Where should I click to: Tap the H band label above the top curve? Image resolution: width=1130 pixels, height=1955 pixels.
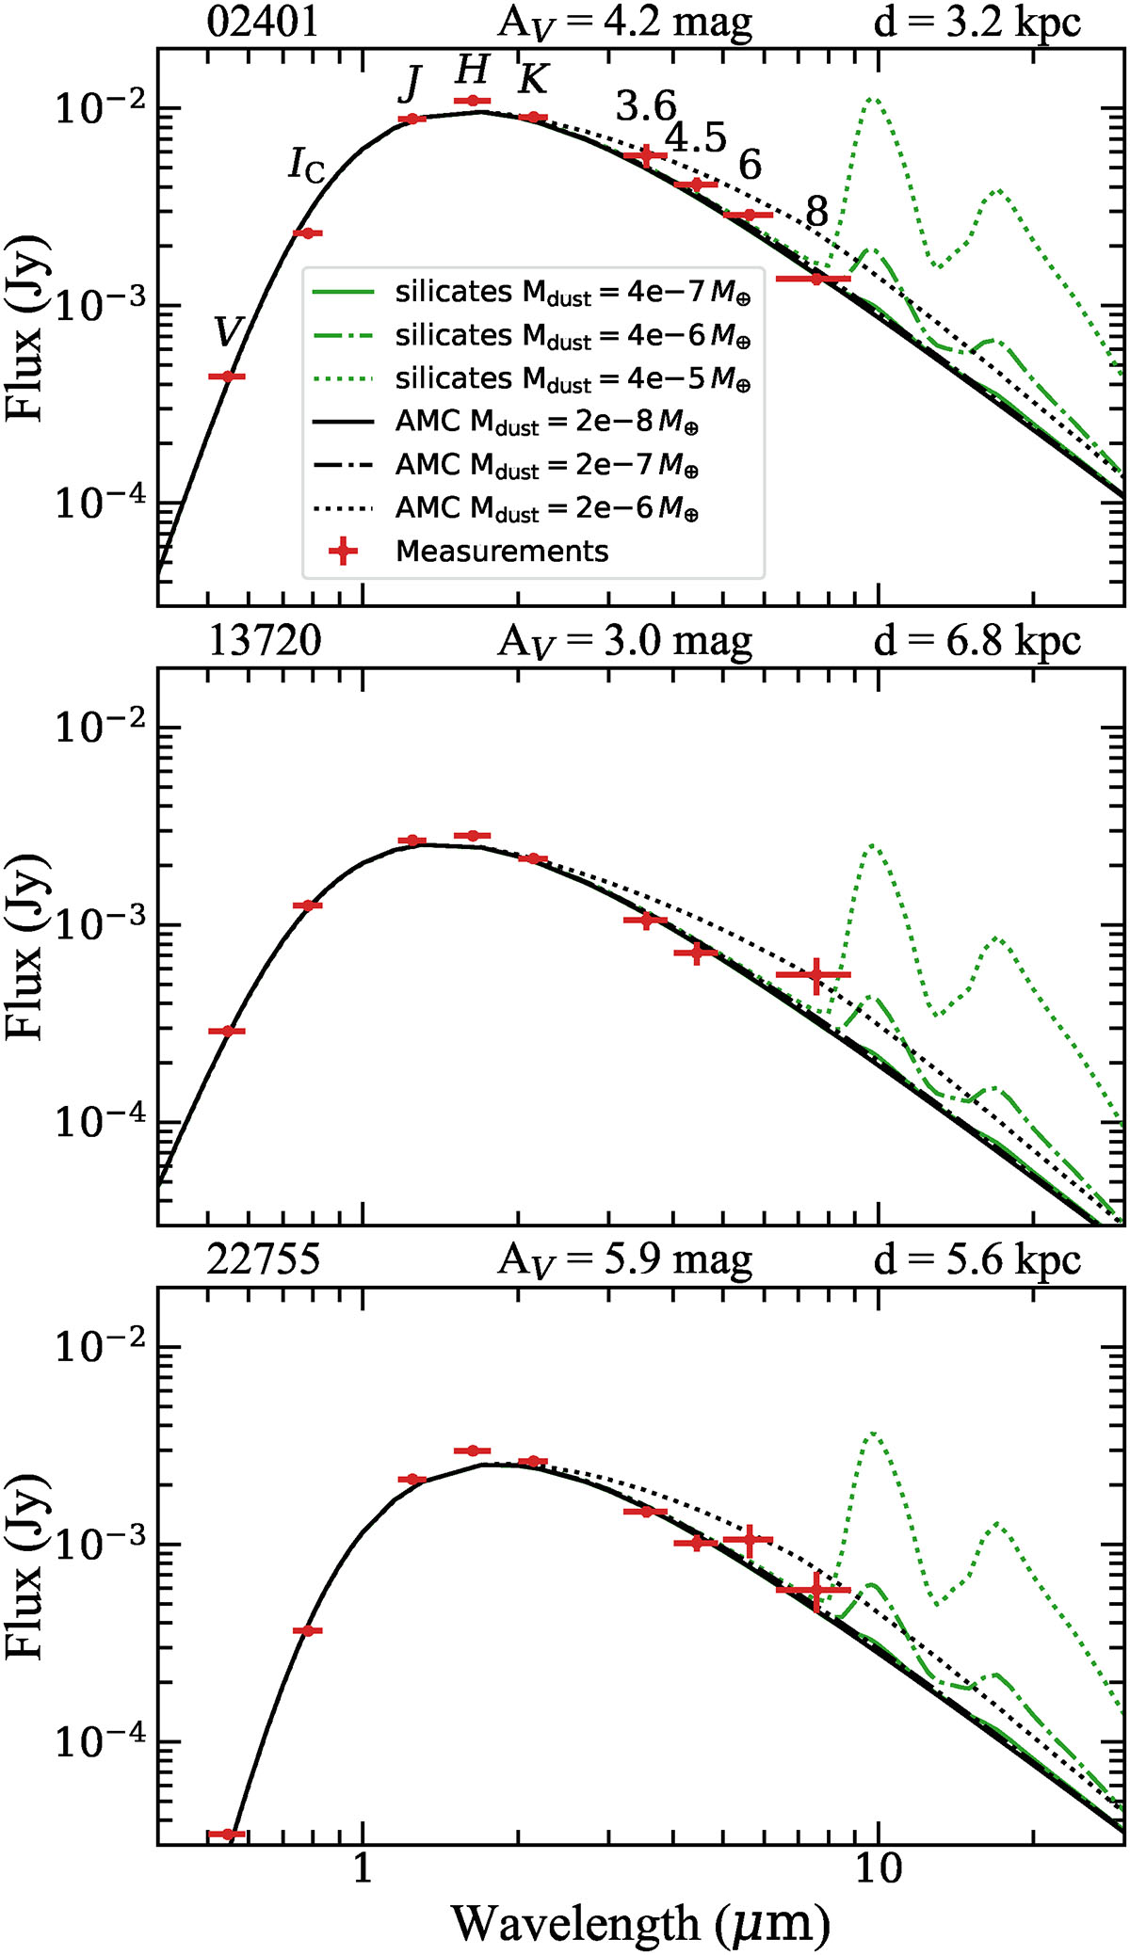[x=473, y=71]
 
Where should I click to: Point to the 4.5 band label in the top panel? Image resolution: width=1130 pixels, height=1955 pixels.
[x=696, y=139]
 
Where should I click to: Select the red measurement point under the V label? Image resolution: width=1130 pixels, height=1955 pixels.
[x=226, y=377]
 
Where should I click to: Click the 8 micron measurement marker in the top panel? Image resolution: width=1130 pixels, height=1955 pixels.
[x=815, y=279]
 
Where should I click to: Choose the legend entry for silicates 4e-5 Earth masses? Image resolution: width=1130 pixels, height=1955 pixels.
[x=573, y=379]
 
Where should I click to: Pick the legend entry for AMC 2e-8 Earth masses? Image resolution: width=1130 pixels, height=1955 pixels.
[x=546, y=423]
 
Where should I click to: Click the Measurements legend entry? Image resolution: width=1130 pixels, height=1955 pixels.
[x=502, y=552]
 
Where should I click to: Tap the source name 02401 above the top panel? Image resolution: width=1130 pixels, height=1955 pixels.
[x=263, y=22]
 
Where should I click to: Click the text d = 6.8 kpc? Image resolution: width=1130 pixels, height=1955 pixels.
[x=977, y=641]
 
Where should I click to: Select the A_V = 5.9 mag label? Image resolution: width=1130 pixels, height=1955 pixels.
[x=625, y=1259]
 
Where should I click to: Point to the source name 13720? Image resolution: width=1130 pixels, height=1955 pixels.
[x=265, y=641]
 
